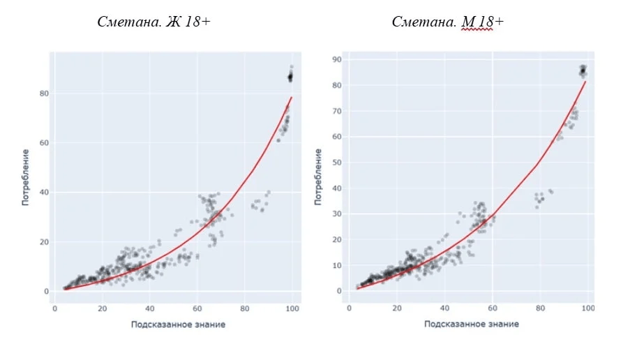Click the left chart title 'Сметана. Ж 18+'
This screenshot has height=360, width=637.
(154, 22)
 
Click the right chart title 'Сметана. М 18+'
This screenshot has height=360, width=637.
(447, 22)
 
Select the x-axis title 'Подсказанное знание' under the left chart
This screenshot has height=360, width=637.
(178, 324)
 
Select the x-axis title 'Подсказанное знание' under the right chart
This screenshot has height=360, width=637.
(471, 324)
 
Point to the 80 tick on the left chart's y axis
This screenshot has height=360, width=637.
(43, 93)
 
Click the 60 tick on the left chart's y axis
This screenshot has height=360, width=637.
(43, 143)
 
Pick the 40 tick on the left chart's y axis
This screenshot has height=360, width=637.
(43, 193)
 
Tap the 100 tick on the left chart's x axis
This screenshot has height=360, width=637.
(292, 308)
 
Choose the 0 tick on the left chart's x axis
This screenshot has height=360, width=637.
(54, 308)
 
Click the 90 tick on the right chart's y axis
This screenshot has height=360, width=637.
(336, 59)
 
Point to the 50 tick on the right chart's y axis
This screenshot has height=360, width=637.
(336, 163)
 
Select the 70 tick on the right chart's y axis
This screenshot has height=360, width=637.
(336, 111)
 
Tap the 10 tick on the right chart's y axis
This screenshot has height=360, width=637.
(336, 265)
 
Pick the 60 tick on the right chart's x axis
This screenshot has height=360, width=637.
(493, 308)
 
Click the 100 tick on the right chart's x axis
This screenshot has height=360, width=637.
(588, 308)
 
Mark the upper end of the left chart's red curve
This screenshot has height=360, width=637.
(291, 98)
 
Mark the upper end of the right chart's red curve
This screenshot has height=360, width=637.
(585, 82)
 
